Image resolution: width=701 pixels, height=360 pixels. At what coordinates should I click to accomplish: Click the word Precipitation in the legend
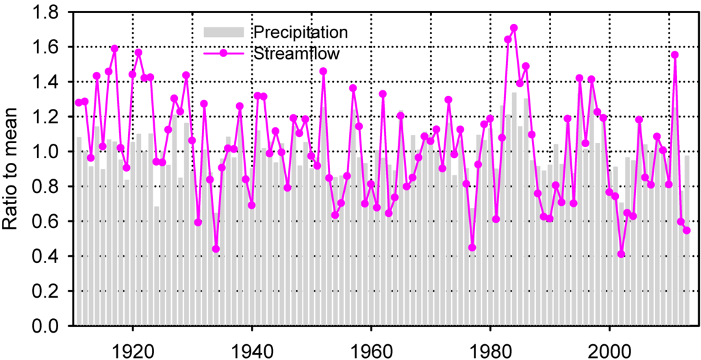[x=300, y=31]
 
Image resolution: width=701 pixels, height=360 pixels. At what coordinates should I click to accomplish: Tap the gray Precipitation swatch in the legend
[x=223, y=31]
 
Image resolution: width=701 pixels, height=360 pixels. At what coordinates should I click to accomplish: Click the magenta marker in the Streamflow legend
[x=223, y=52]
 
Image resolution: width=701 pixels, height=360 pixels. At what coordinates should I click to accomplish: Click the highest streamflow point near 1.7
[x=514, y=28]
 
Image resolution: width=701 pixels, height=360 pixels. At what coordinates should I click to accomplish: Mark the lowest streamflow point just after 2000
[x=622, y=254]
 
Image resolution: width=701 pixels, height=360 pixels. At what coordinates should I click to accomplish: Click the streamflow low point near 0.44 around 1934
[x=216, y=249]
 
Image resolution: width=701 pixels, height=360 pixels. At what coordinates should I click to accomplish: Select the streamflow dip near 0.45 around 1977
[x=472, y=248]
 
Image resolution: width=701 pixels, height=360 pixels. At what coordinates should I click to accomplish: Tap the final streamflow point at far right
[x=687, y=231]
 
